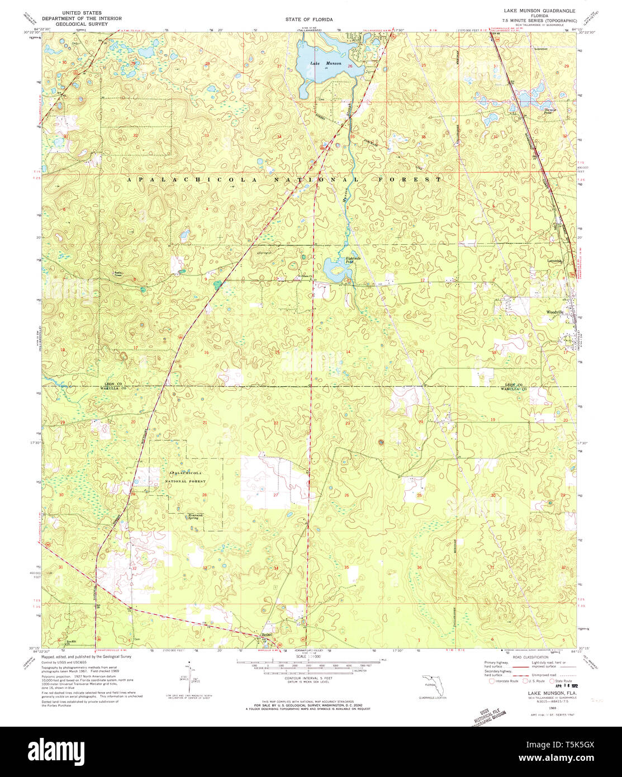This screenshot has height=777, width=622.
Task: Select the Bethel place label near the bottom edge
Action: (x=267, y=634)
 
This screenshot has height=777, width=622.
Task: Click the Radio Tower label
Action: (x=118, y=274)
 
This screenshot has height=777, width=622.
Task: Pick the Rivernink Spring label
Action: (x=193, y=517)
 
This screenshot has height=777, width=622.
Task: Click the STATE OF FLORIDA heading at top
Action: (x=308, y=19)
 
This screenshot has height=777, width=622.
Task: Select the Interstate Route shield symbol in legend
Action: (x=491, y=681)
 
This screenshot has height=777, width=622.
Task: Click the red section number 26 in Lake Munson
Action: (x=350, y=67)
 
